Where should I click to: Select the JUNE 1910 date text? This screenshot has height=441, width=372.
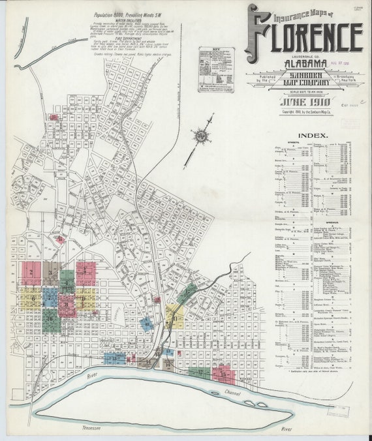pyautogui.click(x=304, y=102)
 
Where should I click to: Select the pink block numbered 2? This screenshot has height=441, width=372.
pyautogui.click(x=31, y=271)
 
